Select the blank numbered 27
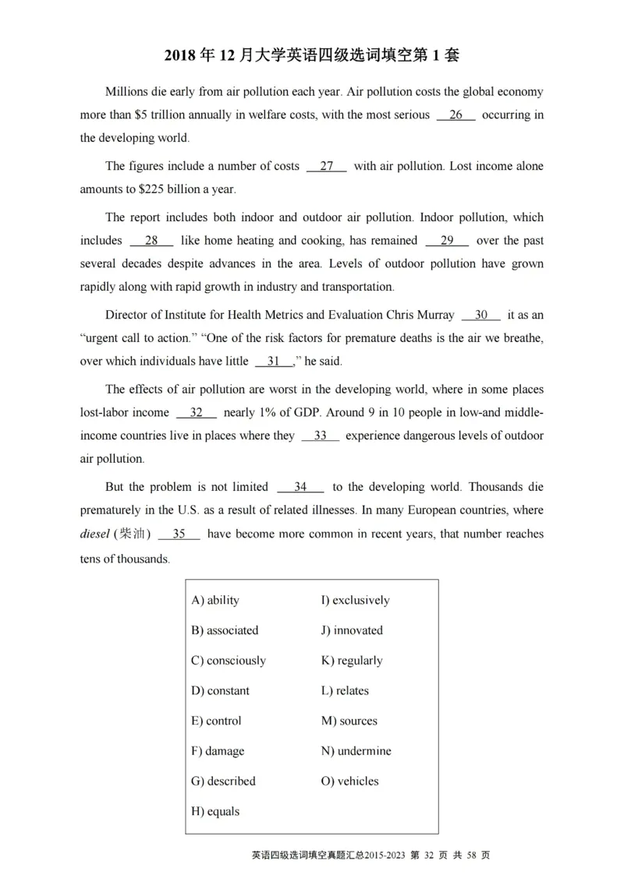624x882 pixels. pyautogui.click(x=327, y=167)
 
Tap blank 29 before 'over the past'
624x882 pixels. pyautogui.click(x=447, y=242)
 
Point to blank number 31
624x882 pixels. pyautogui.click(x=273, y=362)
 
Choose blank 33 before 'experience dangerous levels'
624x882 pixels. pyautogui.click(x=320, y=436)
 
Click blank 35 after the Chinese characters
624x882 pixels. pyautogui.click(x=179, y=535)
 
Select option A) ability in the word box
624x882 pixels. pyautogui.click(x=215, y=601)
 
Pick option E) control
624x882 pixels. pyautogui.click(x=216, y=721)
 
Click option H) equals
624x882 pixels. pyautogui.click(x=215, y=812)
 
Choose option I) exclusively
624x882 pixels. pyautogui.click(x=355, y=601)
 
